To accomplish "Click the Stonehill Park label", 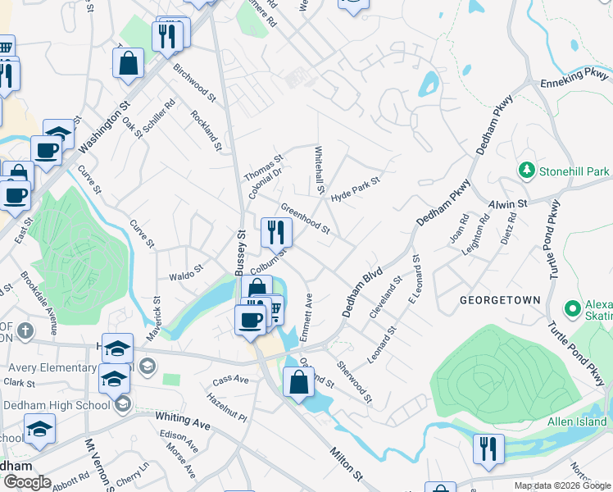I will click(x=574, y=171).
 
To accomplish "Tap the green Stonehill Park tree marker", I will click(x=526, y=171).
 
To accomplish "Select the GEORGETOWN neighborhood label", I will click(x=500, y=300).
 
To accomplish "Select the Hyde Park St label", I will click(x=356, y=190).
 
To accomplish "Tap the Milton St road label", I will click(x=346, y=463).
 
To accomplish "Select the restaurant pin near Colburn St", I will click(x=276, y=232).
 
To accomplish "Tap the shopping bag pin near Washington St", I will click(x=129, y=63).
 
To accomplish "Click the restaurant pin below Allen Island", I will click(x=488, y=449).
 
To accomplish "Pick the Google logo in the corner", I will click(x=26, y=482).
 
